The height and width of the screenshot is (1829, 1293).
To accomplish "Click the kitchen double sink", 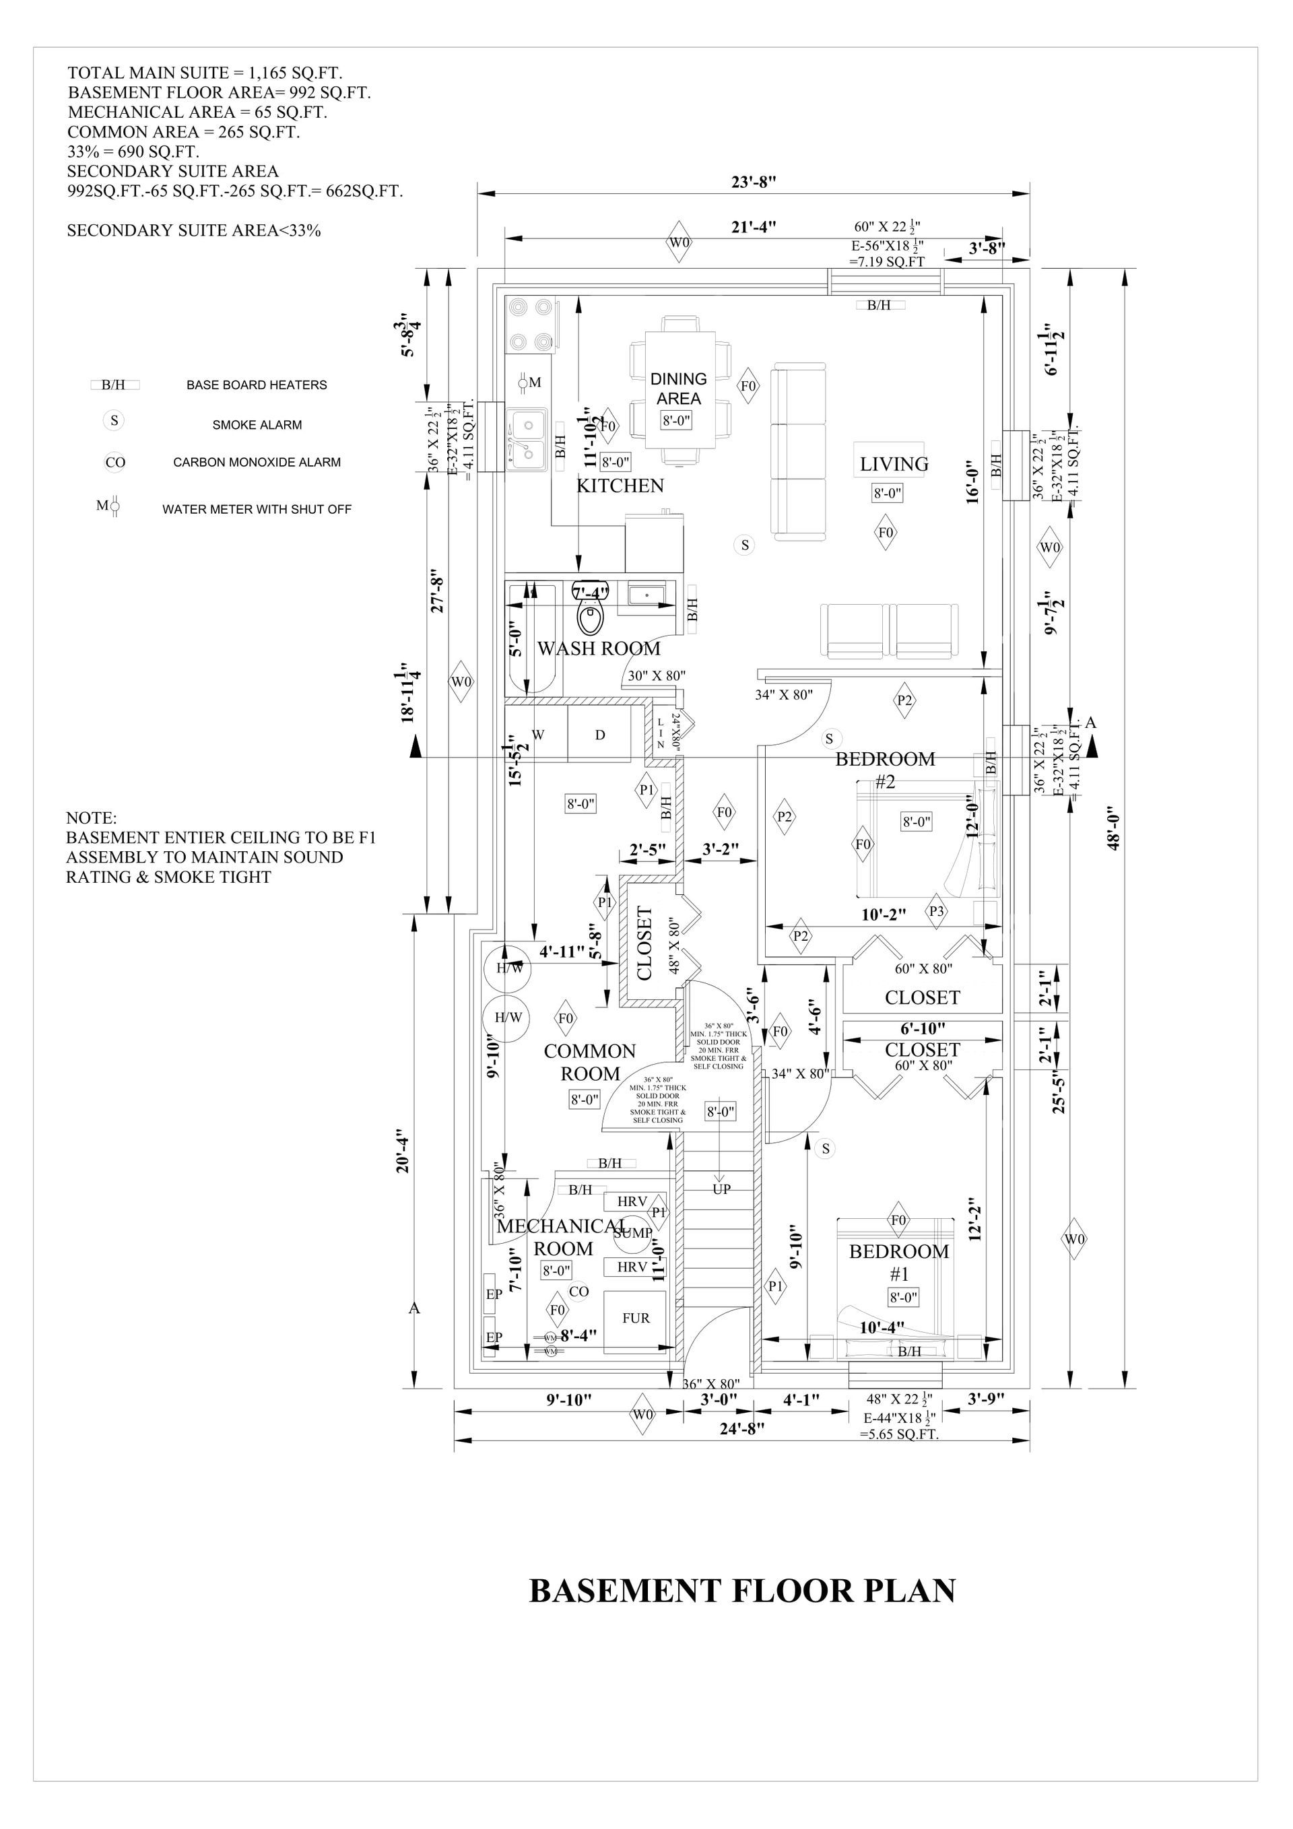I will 527,438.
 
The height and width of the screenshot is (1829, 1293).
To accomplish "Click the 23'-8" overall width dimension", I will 754,182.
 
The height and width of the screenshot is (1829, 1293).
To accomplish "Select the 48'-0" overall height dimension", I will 1114,828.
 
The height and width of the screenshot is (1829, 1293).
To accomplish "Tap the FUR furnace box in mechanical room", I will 635,1319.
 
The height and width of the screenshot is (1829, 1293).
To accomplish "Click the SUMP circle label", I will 633,1232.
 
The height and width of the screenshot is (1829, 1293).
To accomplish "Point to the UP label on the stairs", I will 721,1189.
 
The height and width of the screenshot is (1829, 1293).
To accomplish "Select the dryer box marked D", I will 600,735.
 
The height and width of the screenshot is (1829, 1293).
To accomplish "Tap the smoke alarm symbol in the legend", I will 114,421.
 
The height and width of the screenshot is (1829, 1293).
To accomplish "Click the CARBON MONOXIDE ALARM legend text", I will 257,462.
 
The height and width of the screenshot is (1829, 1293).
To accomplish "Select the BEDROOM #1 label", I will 898,1262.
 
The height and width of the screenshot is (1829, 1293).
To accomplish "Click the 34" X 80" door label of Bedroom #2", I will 783,695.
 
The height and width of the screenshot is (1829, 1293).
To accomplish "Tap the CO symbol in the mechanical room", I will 578,1292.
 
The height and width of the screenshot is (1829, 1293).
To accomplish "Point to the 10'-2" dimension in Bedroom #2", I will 884,915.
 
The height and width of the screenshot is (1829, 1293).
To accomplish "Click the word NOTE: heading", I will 91,818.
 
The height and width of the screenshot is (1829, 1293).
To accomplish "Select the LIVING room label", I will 894,463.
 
